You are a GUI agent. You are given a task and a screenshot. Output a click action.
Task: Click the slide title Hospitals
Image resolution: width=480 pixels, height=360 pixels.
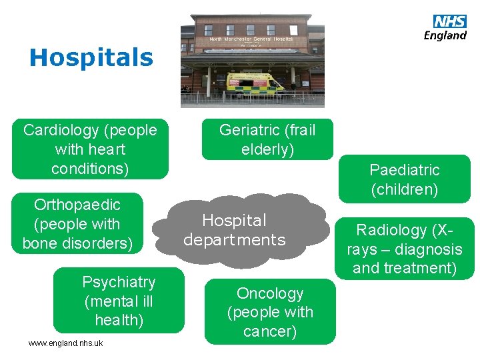(x=91, y=57)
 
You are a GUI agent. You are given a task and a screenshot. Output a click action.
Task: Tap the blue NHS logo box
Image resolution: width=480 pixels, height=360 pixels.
(x=450, y=22)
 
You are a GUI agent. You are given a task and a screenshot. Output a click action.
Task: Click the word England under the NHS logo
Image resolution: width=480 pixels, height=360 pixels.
(x=445, y=36)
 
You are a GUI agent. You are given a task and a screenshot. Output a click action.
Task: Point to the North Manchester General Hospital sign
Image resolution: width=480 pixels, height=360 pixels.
(x=251, y=40)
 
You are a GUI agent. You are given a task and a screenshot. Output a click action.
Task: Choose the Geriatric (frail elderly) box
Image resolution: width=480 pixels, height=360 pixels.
(x=267, y=140)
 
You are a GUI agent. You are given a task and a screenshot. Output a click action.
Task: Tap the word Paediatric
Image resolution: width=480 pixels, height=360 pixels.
(x=405, y=170)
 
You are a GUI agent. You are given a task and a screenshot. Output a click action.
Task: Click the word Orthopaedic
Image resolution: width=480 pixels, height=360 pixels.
(x=77, y=205)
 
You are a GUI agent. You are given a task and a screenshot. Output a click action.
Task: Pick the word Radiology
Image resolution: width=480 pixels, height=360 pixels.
(x=391, y=230)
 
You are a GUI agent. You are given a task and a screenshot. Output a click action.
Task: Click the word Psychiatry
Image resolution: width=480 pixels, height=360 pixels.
(x=119, y=282)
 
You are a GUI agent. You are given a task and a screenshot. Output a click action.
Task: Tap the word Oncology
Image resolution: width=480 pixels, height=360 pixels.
(x=270, y=293)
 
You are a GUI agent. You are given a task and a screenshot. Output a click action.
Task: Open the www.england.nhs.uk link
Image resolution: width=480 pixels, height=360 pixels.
(x=65, y=343)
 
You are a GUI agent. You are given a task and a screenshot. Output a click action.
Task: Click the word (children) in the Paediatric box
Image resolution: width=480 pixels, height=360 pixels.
(x=405, y=189)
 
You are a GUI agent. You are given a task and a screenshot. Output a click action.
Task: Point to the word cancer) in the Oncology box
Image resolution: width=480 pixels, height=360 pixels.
(x=270, y=331)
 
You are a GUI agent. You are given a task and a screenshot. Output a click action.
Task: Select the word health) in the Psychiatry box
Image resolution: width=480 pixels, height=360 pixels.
(x=119, y=321)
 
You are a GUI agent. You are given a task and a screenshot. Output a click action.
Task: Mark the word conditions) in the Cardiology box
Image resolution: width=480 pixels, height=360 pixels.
(x=90, y=169)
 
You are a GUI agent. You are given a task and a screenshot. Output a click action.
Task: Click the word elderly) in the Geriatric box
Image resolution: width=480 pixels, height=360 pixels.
(x=267, y=149)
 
